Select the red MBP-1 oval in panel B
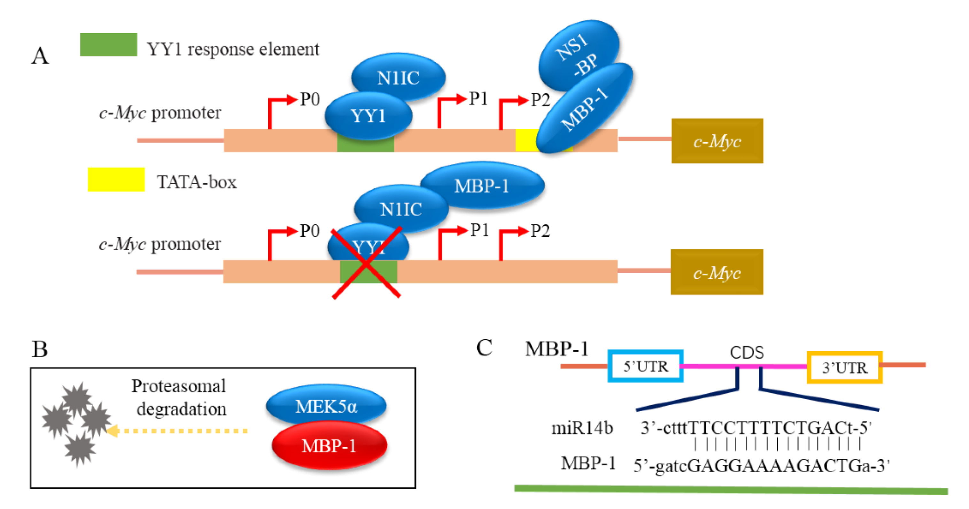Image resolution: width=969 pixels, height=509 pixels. [x=329, y=446]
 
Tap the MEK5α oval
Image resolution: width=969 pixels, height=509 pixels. [x=326, y=406]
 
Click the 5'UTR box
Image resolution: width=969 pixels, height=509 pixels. [x=645, y=366]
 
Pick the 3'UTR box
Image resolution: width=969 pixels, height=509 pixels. [x=844, y=368]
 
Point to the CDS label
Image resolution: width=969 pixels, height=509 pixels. [x=747, y=353]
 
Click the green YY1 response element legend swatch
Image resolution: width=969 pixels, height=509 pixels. [x=108, y=45]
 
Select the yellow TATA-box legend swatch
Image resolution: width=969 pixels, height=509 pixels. [x=116, y=180]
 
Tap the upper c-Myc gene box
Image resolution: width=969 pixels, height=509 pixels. [x=717, y=141]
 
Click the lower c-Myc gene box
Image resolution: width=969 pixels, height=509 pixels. [x=717, y=272]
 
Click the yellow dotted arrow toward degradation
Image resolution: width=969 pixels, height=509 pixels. [x=177, y=431]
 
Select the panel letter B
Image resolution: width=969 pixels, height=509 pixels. [x=40, y=349]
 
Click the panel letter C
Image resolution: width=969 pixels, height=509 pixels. [x=484, y=347]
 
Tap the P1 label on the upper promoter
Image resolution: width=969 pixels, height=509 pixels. [x=478, y=98]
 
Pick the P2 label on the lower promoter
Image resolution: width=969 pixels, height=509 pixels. [x=540, y=231]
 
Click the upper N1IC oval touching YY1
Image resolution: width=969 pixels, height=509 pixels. [x=398, y=78]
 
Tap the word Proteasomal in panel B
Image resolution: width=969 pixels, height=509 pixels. [x=178, y=386]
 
